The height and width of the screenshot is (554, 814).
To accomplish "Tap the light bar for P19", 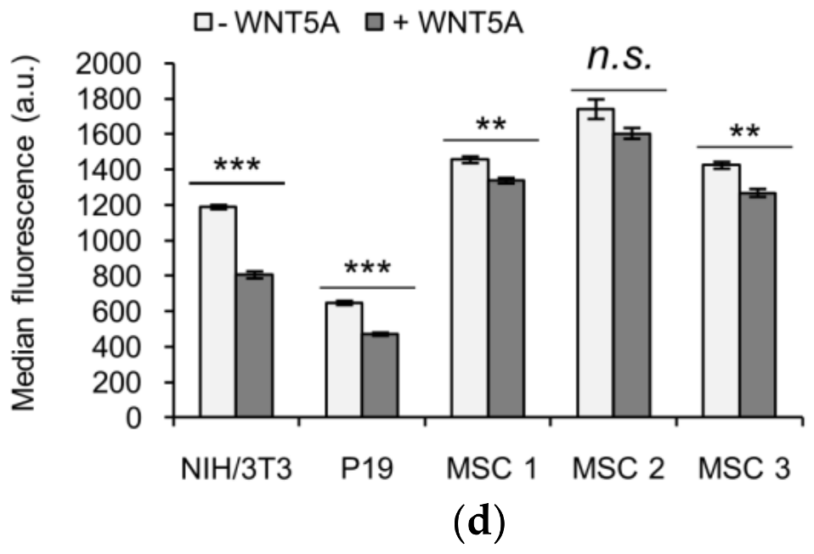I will click(344, 360).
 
